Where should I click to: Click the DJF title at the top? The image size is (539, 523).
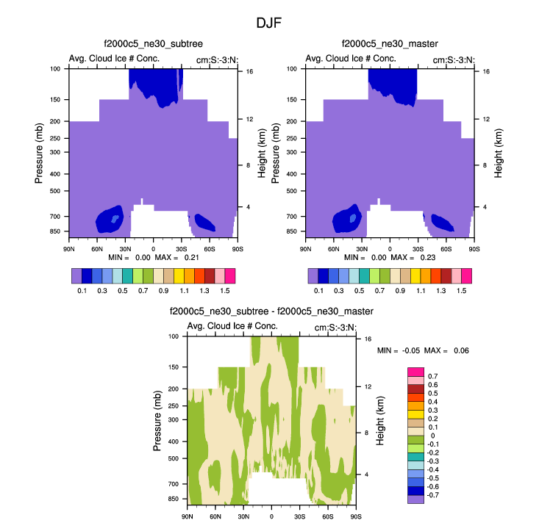(x=269, y=24)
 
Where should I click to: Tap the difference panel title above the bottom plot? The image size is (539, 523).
(x=271, y=311)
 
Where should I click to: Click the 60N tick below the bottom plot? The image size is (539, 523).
(x=215, y=516)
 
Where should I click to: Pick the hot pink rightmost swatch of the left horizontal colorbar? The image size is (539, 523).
(x=229, y=275)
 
